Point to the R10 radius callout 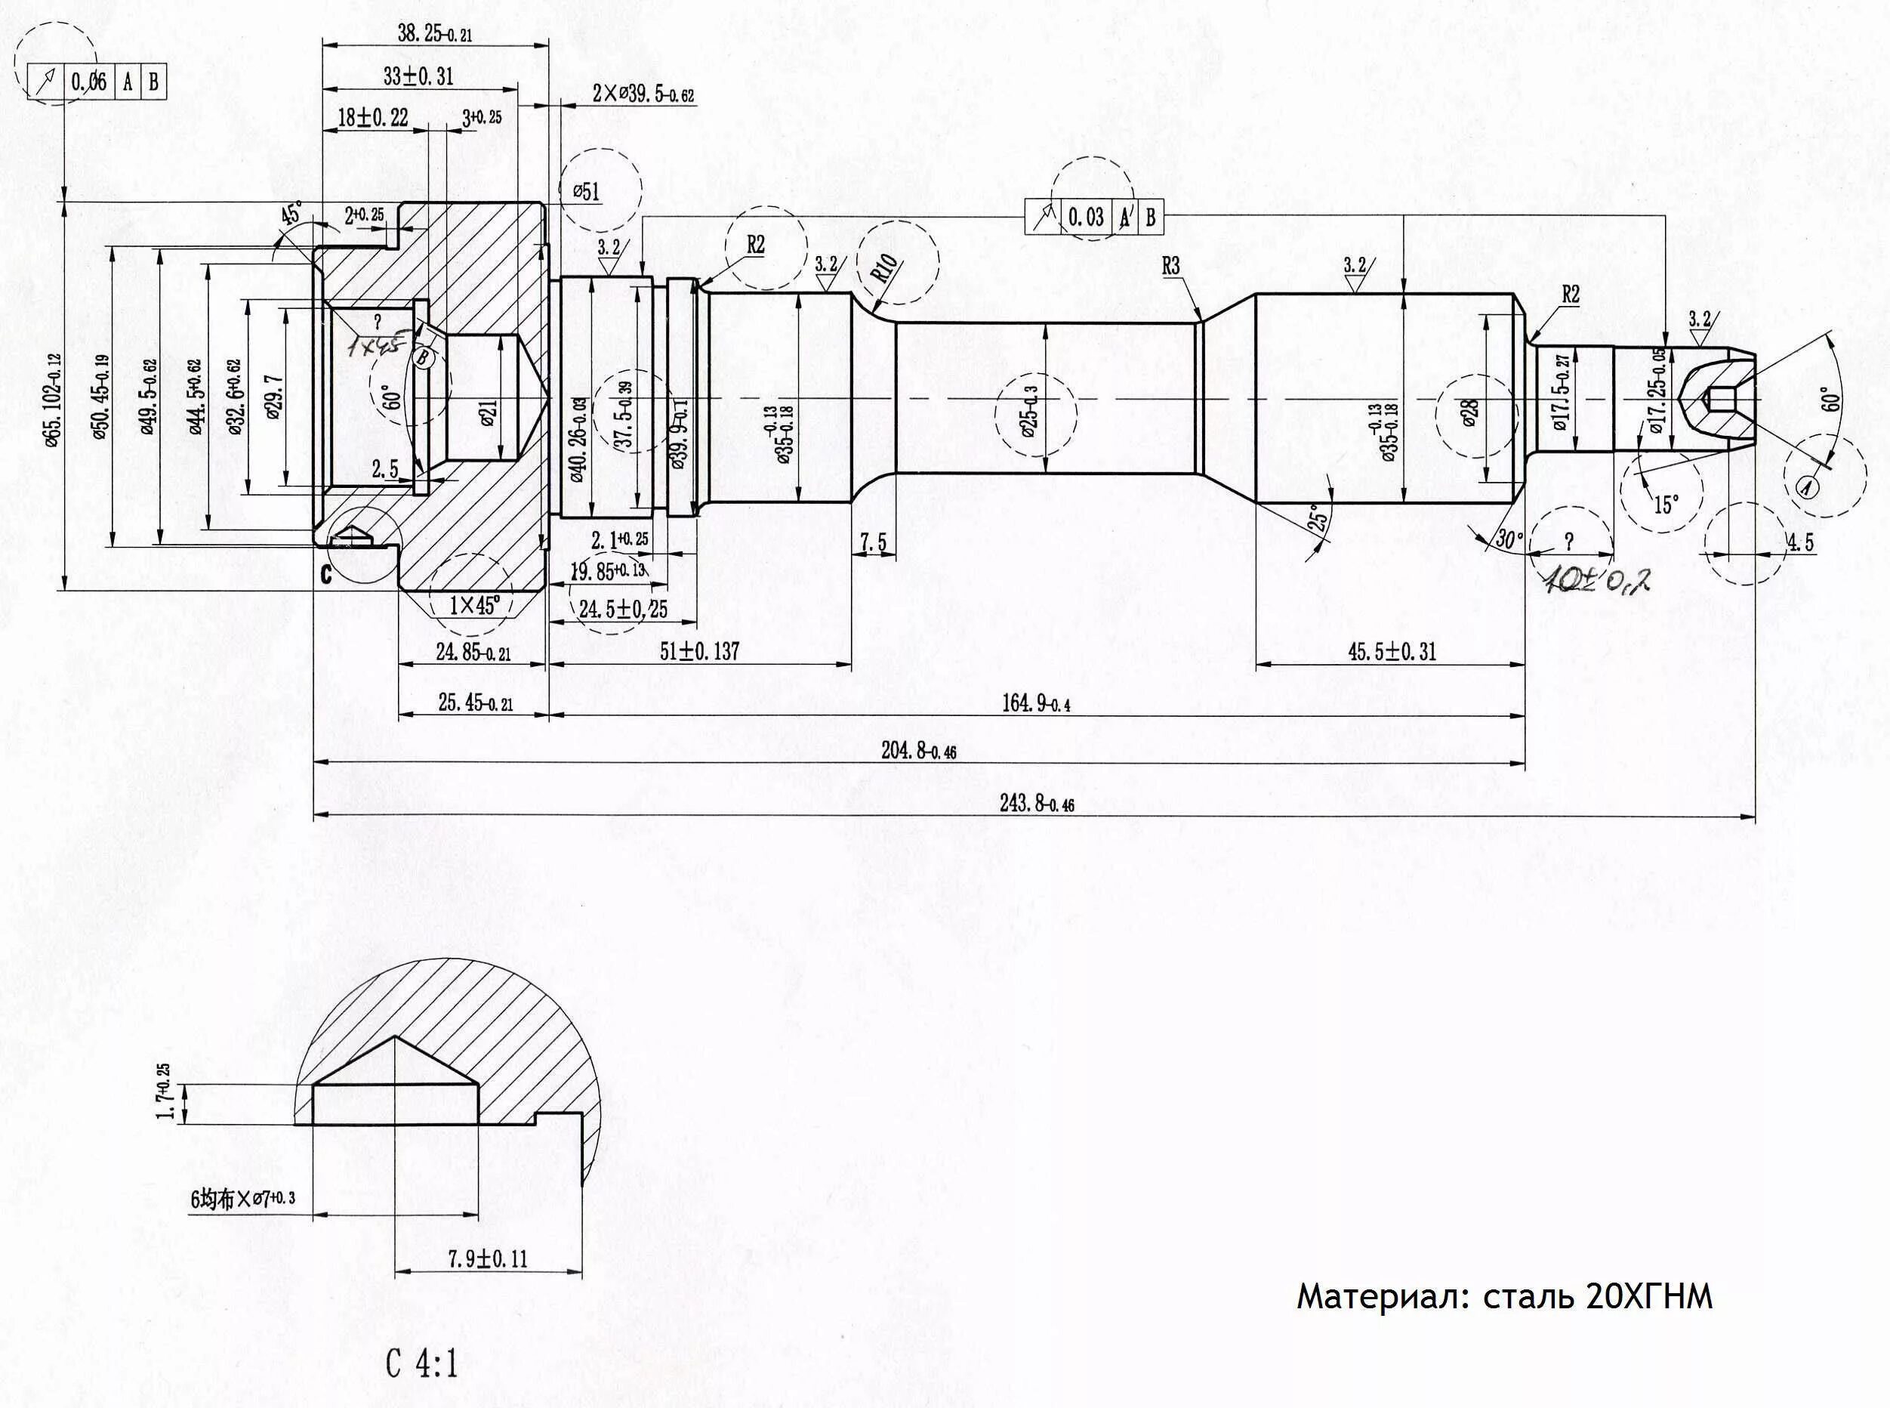coord(883,270)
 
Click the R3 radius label coord(1171,266)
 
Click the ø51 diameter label coord(585,192)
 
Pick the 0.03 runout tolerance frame coord(1093,218)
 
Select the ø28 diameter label coord(1470,413)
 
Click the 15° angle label coord(1665,504)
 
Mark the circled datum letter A coord(1805,486)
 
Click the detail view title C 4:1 coord(422,1364)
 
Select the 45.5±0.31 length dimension coord(1392,652)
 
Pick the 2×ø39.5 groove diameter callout coord(643,94)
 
